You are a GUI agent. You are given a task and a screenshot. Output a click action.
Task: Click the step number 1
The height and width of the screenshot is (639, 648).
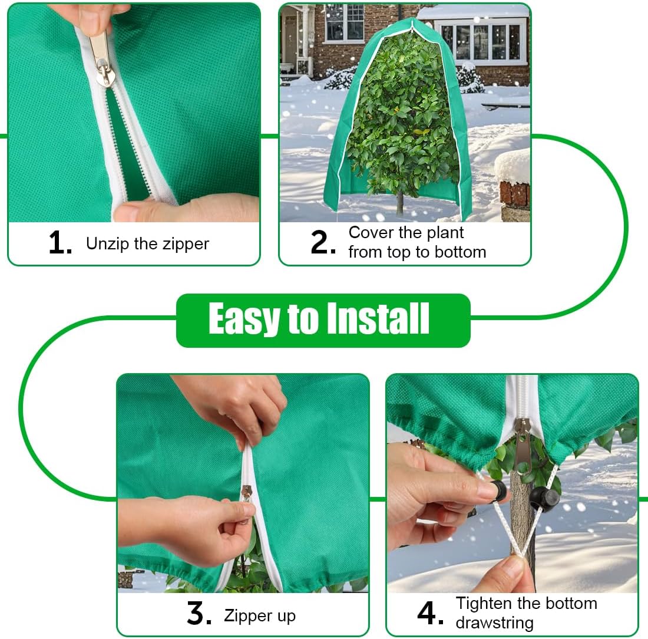point(59,243)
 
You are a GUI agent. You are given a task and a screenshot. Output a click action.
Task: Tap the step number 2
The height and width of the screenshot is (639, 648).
point(323,242)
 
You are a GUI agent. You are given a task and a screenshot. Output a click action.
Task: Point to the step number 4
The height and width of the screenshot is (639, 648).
point(430,613)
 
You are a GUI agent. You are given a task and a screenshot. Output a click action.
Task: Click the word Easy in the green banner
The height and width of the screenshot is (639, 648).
point(243,320)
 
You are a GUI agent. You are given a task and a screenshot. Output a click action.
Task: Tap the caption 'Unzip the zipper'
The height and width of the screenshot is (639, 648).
point(147,243)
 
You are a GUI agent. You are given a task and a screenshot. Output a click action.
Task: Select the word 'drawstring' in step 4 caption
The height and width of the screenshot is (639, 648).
point(494,622)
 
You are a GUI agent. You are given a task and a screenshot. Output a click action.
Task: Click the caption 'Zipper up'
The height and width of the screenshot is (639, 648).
point(260,616)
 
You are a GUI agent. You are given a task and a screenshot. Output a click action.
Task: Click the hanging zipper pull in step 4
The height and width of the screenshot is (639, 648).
point(522,448)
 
